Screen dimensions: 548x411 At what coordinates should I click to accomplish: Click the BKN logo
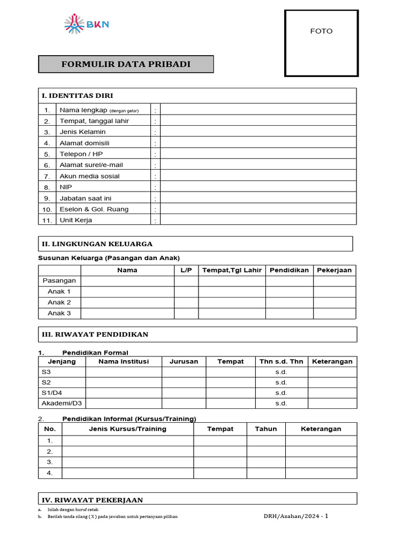tap(86, 24)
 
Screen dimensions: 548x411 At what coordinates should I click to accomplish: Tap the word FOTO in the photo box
tap(321, 31)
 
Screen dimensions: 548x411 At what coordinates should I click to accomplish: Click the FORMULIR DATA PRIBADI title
tap(126, 64)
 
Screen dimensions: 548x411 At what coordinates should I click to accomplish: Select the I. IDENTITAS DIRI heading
tap(78, 96)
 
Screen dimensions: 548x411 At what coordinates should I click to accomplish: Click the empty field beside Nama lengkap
tap(258, 110)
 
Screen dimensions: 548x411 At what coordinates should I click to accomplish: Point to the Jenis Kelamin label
tap(82, 132)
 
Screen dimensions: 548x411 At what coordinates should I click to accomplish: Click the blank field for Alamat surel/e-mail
tap(258, 165)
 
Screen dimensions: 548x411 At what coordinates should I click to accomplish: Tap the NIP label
tap(66, 187)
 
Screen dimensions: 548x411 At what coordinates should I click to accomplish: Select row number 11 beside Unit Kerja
tap(47, 220)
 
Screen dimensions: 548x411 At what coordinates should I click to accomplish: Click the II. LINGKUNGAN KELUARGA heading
tap(97, 244)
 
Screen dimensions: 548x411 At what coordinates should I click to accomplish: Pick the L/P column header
tap(186, 270)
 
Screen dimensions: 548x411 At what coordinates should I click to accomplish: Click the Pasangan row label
tap(59, 281)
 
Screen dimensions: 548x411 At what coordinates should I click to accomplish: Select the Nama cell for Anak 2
tap(127, 302)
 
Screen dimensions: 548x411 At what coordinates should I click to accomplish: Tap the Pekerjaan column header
tap(334, 270)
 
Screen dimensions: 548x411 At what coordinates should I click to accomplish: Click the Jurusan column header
tap(184, 362)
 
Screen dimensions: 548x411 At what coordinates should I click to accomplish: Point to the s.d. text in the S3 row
tap(281, 372)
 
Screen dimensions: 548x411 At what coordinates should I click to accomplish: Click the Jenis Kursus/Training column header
tap(127, 429)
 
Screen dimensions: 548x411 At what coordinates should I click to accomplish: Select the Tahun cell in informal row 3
tap(266, 462)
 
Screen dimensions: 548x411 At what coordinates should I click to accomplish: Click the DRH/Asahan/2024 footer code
tap(296, 516)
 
